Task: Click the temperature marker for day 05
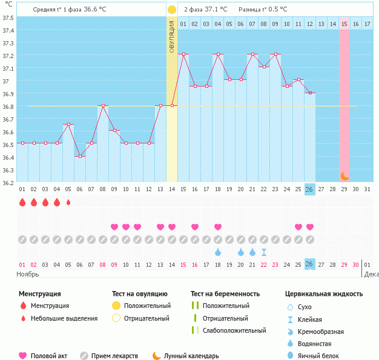click(68, 125)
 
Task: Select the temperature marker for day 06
click(80, 156)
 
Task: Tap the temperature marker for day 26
click(310, 93)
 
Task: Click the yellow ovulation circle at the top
click(172, 10)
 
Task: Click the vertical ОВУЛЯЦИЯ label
click(172, 36)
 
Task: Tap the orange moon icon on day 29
click(344, 175)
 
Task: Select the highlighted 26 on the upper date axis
click(310, 189)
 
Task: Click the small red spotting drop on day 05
click(68, 202)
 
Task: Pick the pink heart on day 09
click(114, 227)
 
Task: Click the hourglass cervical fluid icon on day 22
click(264, 252)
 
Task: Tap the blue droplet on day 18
click(218, 252)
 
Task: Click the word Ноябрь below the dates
click(28, 274)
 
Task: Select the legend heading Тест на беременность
click(225, 294)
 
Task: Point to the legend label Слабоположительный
click(234, 330)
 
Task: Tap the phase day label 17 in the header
click(367, 24)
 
